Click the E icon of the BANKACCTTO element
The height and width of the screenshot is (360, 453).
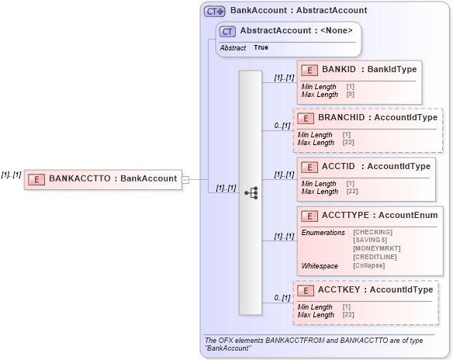tap(36, 178)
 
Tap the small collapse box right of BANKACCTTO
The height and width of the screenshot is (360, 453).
tap(185, 179)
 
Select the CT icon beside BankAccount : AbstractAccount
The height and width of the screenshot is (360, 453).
tap(215, 12)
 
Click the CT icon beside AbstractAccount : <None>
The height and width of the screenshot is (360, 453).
tap(228, 31)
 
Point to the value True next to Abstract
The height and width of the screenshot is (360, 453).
tap(261, 47)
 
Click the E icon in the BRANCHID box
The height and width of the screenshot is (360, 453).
tap(306, 118)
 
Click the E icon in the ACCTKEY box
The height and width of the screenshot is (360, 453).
tap(306, 290)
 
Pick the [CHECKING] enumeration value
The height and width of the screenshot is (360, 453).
tap(372, 232)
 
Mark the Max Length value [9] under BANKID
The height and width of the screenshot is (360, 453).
tap(351, 95)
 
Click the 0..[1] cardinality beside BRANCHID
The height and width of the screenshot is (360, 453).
tap(282, 126)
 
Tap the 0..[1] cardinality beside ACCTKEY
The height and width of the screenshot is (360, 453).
tap(282, 298)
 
